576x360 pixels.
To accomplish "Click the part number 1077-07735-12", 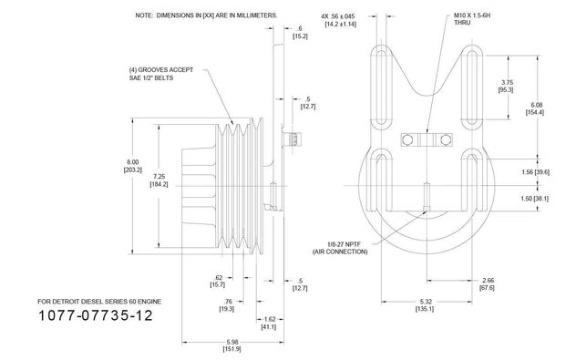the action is (95, 315).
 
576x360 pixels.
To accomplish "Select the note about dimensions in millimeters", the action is (206, 15).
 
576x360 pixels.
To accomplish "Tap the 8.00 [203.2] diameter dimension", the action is (133, 166).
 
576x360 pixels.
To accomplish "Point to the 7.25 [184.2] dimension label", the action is (159, 180).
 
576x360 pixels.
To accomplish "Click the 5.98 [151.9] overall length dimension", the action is (232, 345).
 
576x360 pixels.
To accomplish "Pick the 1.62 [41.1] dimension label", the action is (269, 323).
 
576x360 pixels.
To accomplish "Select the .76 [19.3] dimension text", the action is (227, 305).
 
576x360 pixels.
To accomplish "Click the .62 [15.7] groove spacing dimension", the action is (218, 281).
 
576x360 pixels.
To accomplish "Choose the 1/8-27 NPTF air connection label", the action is (340, 248).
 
